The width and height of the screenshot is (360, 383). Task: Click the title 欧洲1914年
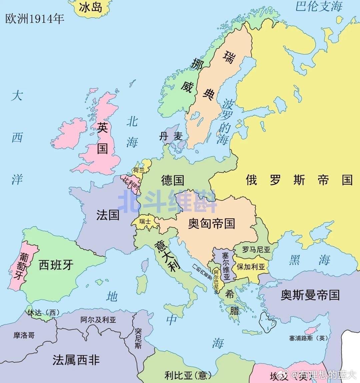34,19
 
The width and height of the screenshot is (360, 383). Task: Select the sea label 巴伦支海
319,6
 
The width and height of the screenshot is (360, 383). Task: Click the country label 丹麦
171,136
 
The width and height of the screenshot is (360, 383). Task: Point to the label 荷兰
139,170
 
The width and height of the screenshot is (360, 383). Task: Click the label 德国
172,180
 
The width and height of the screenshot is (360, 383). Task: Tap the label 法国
108,214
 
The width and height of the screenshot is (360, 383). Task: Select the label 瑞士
145,221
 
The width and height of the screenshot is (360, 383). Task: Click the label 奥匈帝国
211,223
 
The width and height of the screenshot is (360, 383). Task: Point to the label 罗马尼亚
256,249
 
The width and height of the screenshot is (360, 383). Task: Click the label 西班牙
56,265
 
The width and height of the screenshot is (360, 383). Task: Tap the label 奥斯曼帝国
310,295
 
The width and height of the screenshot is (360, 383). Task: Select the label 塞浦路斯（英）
308,338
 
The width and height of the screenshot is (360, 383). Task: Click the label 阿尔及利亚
98,320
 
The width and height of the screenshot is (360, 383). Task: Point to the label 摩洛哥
24,335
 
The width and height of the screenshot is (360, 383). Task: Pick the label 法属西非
76,360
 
